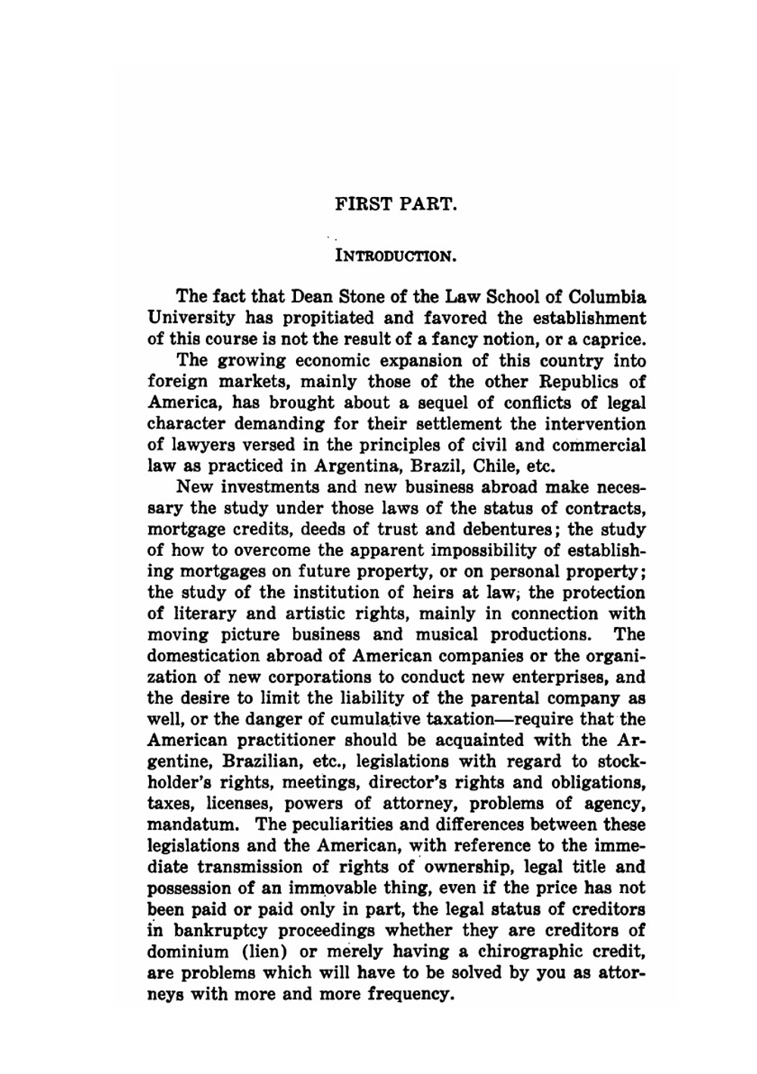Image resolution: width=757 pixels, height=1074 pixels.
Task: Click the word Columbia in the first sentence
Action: pos(607,296)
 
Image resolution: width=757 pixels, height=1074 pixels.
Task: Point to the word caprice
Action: pos(612,339)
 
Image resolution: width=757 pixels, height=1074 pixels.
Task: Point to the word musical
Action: pos(446,635)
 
